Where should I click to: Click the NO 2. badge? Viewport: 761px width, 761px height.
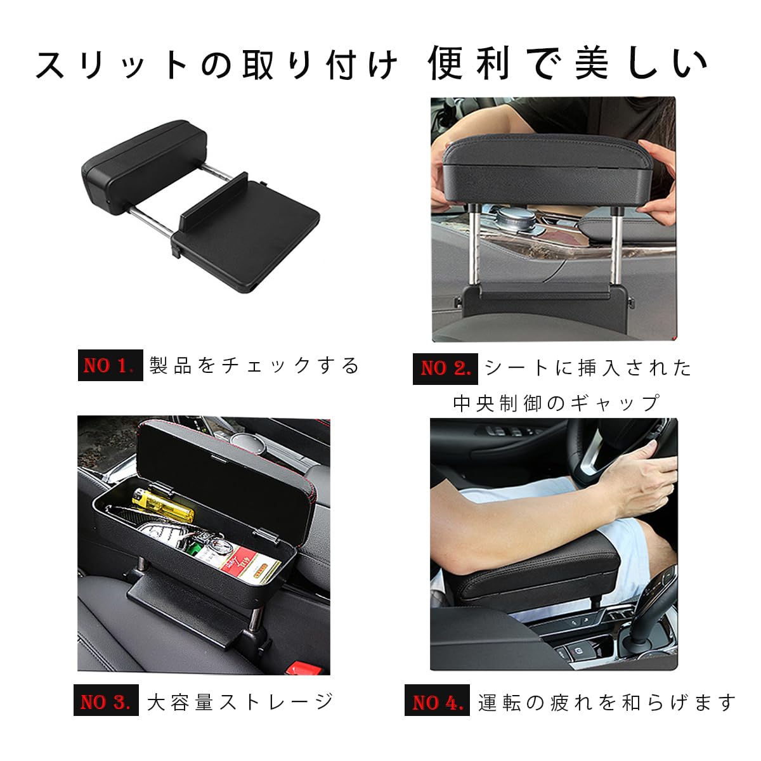pos(445,368)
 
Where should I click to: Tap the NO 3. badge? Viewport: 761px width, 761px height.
pos(105,702)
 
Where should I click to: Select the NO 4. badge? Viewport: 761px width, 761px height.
pos(436,702)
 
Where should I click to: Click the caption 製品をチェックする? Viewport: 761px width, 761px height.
pos(254,366)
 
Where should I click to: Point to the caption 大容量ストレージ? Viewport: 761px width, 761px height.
pos(240,702)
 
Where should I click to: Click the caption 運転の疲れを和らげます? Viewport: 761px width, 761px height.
pos(607,702)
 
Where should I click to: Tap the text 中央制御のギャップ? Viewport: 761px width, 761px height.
pos(556,403)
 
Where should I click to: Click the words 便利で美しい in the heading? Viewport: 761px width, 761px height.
pos(568,63)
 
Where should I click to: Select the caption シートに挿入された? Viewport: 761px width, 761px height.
pos(588,368)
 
